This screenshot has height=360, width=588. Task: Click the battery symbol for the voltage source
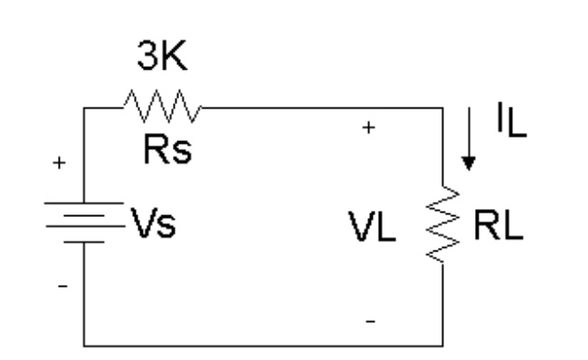pos(84,223)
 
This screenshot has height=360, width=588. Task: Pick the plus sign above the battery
pos(61,165)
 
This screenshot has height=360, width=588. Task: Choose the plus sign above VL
pos(367,129)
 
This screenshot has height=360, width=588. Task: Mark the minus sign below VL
pos(369,320)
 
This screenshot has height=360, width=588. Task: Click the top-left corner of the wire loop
pos(84,107)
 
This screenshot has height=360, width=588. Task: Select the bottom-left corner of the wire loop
pos(84,345)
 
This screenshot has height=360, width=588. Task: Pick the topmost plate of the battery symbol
pos(84,203)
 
